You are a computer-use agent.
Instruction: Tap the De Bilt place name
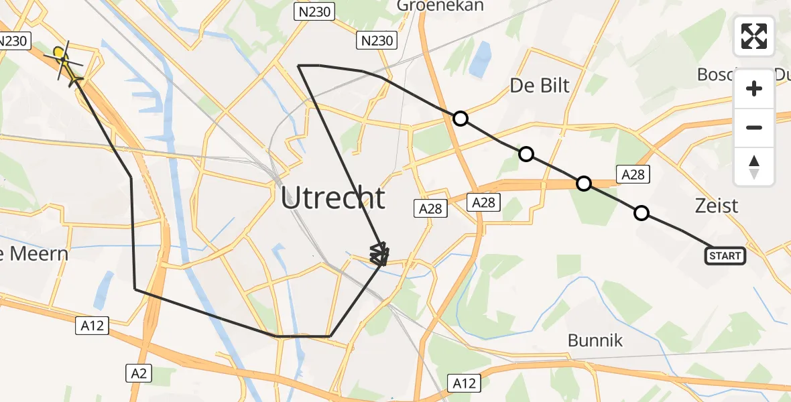540,85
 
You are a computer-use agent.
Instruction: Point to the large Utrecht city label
333,198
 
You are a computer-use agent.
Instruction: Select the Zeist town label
717,205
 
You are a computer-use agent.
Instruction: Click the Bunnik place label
595,340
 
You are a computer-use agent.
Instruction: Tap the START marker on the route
725,255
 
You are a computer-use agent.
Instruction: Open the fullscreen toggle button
754,36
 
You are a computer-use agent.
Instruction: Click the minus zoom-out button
754,127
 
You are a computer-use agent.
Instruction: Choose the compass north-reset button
754,166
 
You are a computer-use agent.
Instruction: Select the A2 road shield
139,373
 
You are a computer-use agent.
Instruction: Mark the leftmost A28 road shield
430,209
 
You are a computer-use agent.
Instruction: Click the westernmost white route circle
460,119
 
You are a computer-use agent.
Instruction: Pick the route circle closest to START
642,213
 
